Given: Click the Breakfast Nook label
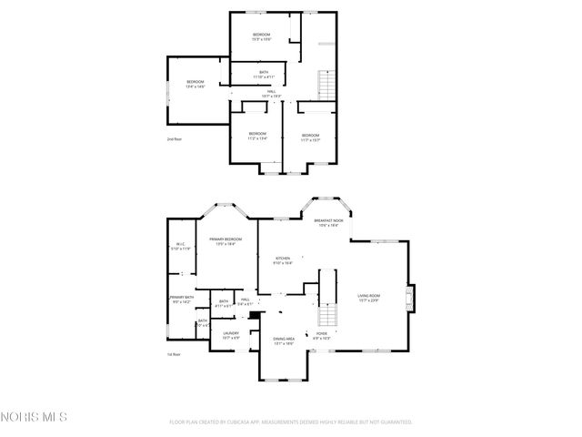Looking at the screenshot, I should (328, 223).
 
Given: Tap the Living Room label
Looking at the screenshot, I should (368, 297).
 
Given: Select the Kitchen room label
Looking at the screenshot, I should (284, 260).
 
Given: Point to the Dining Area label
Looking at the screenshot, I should (284, 341).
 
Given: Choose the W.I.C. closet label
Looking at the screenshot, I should (182, 247).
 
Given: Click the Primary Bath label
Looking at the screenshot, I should (181, 300).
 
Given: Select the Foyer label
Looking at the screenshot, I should (322, 336).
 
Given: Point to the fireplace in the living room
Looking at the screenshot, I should (410, 298).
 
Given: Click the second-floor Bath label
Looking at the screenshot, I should (264, 75).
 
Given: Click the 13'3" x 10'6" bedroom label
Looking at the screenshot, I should (262, 36).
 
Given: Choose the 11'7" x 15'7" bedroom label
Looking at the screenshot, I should (311, 137).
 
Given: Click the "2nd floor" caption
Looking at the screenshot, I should (174, 139).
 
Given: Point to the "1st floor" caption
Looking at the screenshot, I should (174, 354).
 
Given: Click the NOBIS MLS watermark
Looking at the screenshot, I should (34, 417).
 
